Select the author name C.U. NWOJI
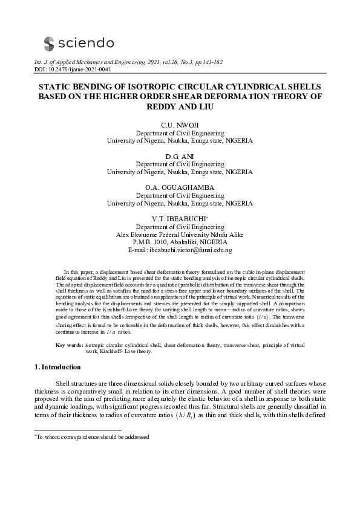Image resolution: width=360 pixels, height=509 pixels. [x=180, y=125]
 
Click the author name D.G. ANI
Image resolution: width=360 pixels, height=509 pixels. [x=180, y=157]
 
